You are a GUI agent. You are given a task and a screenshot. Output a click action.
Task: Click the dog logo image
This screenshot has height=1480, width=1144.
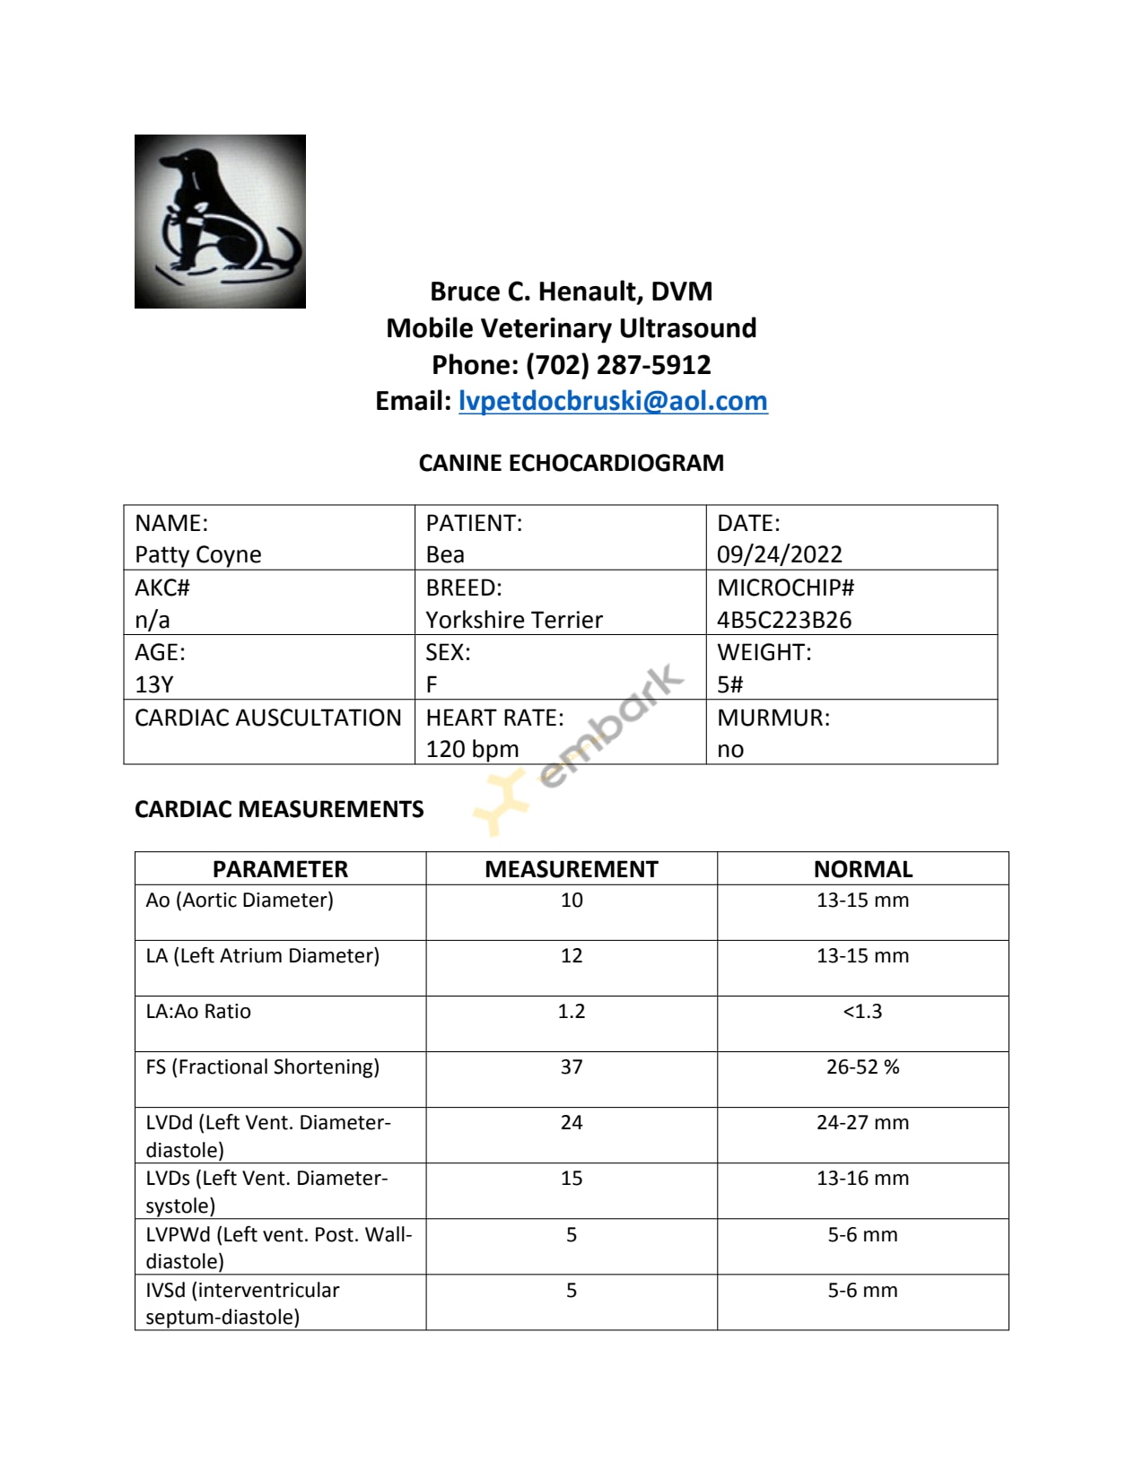220,222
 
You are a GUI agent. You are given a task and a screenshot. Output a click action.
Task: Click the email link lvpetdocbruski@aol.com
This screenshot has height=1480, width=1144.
613,401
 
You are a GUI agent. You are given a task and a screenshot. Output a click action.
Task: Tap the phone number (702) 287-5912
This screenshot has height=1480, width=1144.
618,364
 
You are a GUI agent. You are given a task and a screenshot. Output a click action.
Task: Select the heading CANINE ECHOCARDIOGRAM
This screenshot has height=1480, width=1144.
572,463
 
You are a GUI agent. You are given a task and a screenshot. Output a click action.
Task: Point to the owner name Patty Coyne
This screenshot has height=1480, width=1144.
198,554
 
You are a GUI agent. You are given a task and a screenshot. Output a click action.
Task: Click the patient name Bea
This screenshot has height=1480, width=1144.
445,554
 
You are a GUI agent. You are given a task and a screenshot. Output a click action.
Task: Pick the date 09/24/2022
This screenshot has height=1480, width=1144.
780,554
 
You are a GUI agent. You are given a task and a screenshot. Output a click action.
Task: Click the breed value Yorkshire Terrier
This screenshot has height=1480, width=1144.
514,620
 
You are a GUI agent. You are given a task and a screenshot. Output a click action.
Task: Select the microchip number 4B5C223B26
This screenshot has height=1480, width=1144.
784,620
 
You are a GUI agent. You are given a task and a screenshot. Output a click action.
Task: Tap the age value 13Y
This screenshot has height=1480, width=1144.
153,684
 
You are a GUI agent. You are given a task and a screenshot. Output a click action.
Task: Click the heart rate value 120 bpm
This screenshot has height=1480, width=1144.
472,749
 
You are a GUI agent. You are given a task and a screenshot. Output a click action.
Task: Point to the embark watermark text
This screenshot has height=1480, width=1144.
610,727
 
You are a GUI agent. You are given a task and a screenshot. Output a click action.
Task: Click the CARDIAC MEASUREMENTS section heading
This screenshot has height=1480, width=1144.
279,809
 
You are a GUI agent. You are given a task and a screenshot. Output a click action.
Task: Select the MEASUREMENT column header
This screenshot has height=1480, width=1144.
572,868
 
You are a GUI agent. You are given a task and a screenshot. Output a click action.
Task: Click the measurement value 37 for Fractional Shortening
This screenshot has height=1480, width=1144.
572,1066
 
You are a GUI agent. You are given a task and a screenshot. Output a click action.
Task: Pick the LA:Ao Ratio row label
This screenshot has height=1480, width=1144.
198,1011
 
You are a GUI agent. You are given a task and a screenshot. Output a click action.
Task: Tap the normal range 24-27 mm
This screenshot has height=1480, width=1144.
862,1122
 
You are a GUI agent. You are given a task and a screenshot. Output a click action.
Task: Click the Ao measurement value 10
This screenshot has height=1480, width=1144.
572,900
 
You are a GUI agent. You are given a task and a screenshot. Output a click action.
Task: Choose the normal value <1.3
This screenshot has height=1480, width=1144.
862,1011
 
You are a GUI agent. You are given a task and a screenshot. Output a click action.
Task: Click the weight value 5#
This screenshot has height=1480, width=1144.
730,684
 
